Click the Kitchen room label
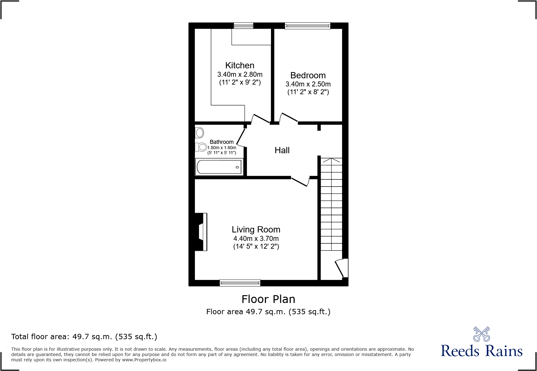point(239,66)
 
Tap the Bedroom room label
point(308,76)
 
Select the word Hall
point(282,150)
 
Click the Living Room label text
point(256,230)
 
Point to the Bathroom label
point(221,142)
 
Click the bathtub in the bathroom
point(219,167)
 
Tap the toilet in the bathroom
point(201,147)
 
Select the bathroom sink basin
point(200,133)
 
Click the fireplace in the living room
point(201,232)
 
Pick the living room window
point(240,283)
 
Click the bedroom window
point(307,26)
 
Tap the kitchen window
point(243,26)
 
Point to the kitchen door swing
point(260,118)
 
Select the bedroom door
point(289,117)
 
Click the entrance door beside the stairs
point(341,268)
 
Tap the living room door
point(300,182)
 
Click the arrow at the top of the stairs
point(331,160)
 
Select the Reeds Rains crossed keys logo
point(481,334)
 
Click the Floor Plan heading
point(268,299)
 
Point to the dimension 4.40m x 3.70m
point(256,239)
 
